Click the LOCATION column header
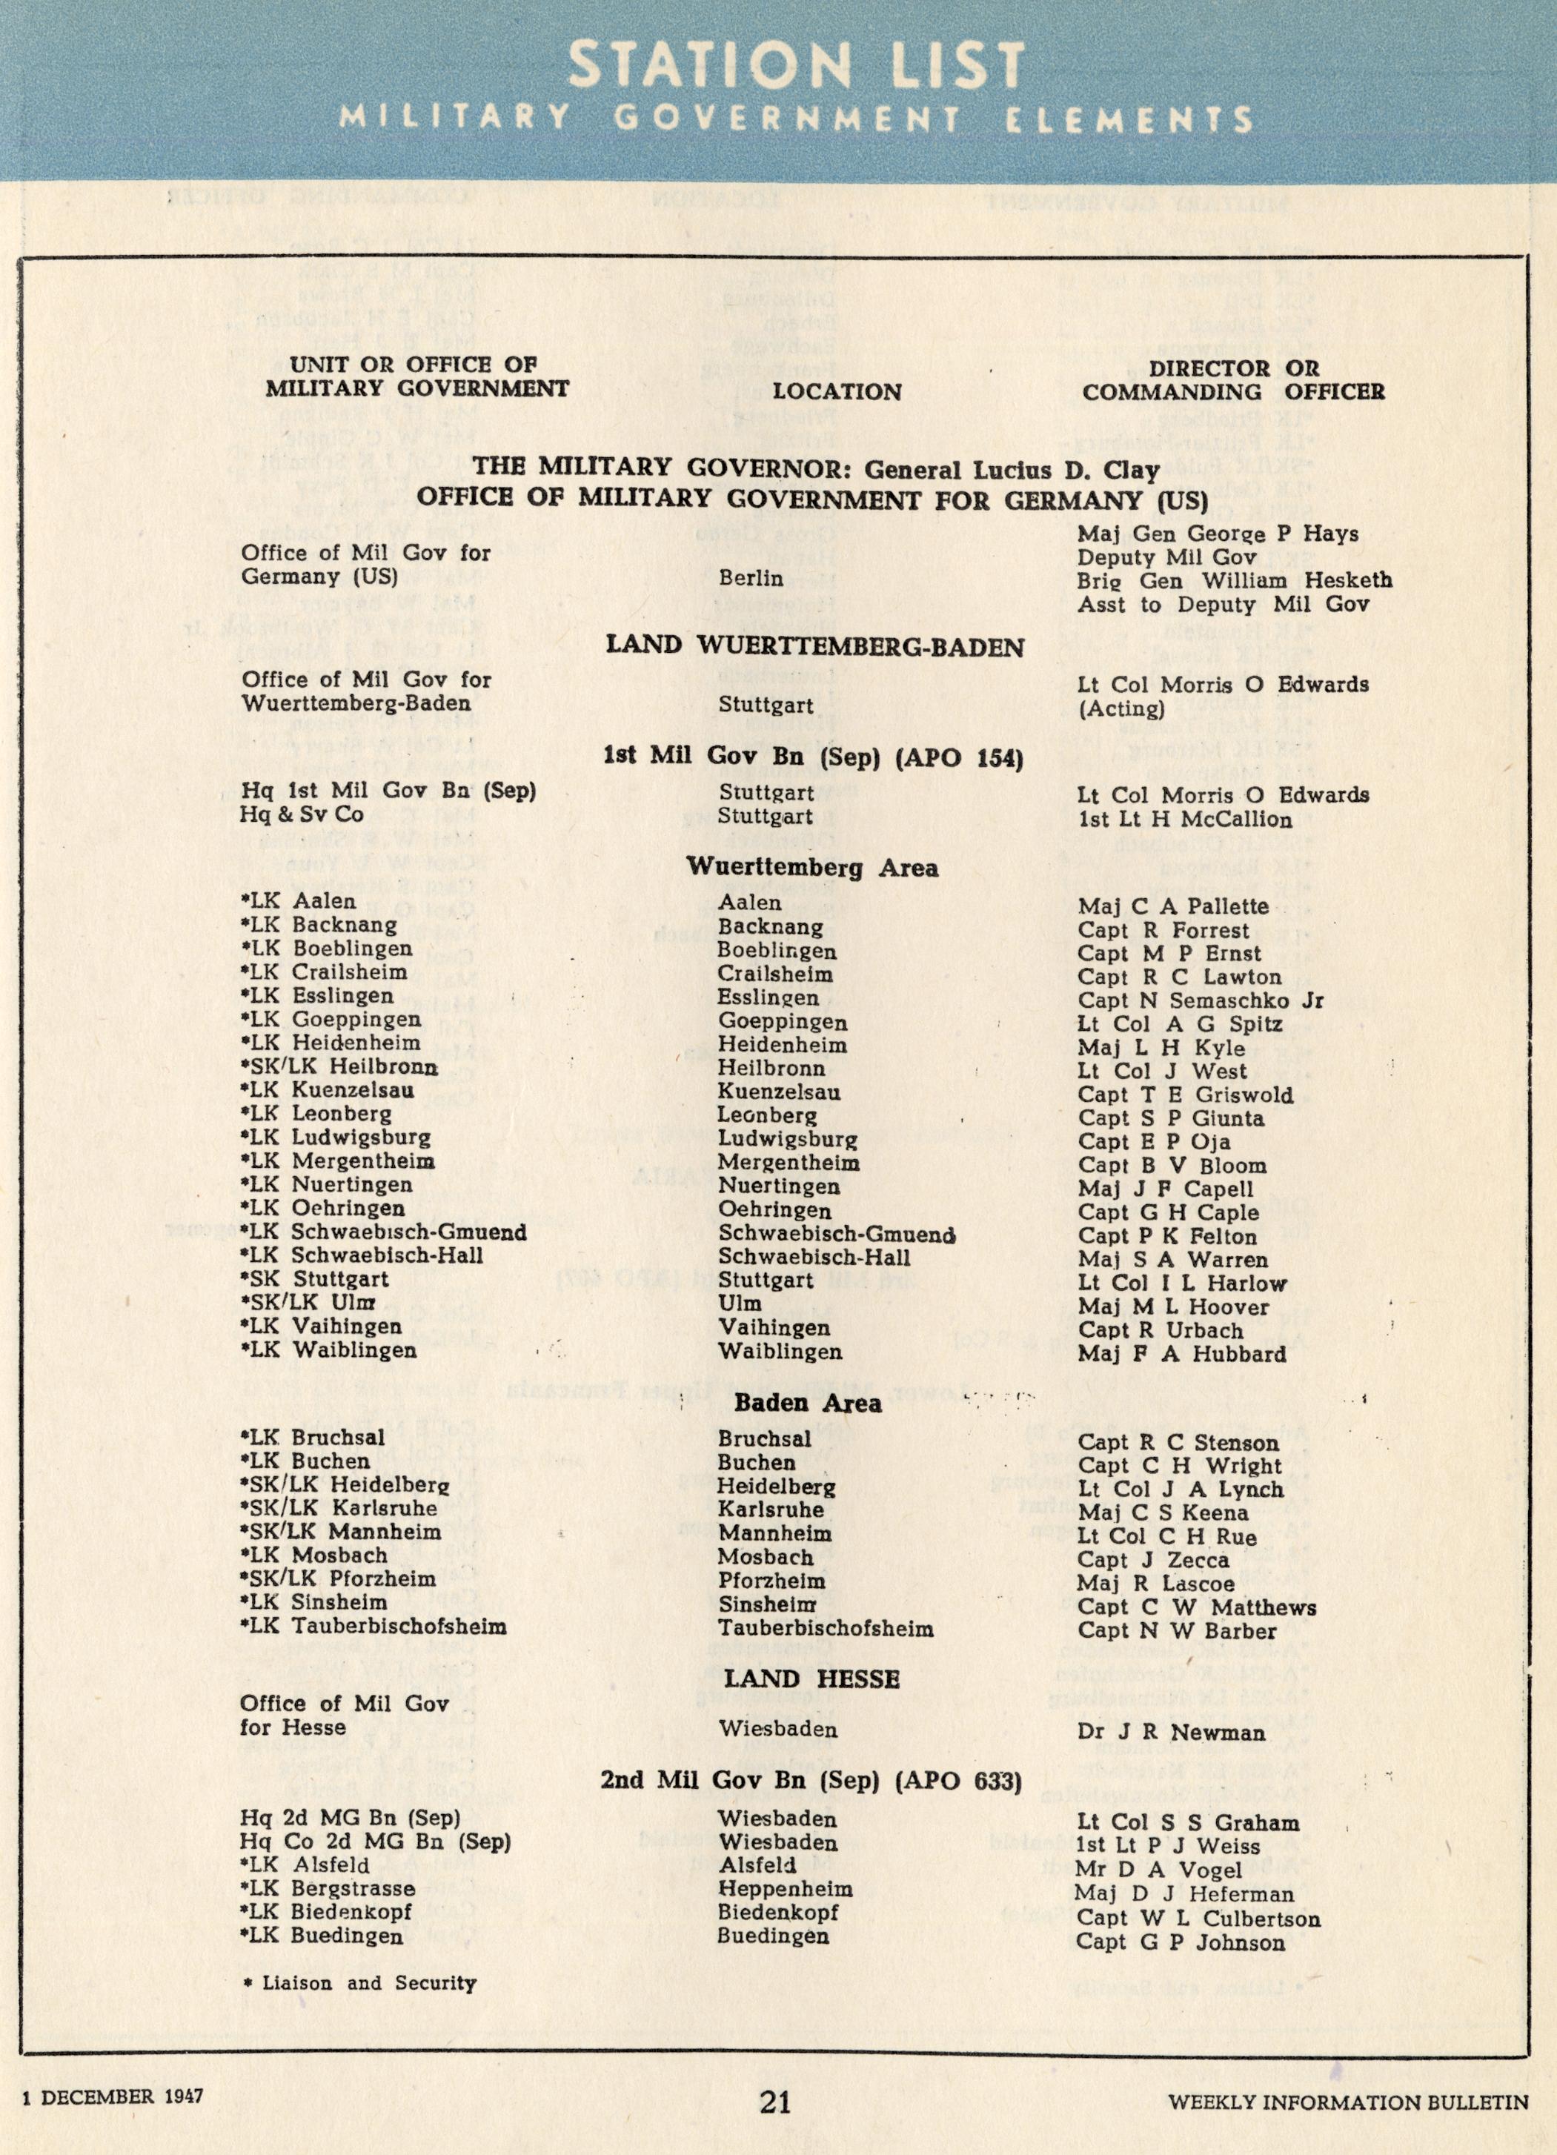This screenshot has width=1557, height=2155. tap(836, 391)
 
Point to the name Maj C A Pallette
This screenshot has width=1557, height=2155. tap(1173, 906)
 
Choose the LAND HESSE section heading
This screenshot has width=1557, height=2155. tap(811, 1679)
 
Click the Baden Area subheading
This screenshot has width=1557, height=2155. tap(809, 1403)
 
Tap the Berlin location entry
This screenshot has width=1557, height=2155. tap(751, 578)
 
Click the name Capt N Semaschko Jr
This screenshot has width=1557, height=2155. tap(1201, 1000)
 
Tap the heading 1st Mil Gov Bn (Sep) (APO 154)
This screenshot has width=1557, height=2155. tap(812, 757)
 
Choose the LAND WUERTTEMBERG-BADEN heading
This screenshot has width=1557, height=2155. tap(815, 647)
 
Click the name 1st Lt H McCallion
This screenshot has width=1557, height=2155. tap(1185, 819)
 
